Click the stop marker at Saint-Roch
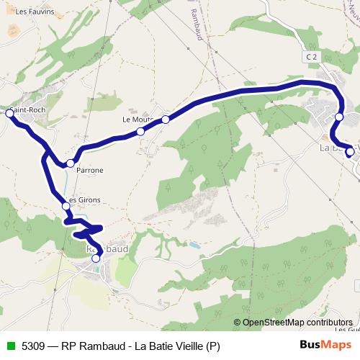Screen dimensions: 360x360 click(x=10, y=113)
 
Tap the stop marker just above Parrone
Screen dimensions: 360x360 click(x=70, y=163)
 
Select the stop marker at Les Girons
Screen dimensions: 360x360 click(x=66, y=207)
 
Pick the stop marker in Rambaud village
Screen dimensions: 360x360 click(x=96, y=258)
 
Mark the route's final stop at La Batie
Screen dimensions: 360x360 click(x=350, y=151)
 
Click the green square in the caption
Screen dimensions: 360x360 click(x=10, y=346)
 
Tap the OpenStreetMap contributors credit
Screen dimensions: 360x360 click(x=297, y=323)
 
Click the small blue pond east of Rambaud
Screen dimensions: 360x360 click(x=194, y=246)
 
